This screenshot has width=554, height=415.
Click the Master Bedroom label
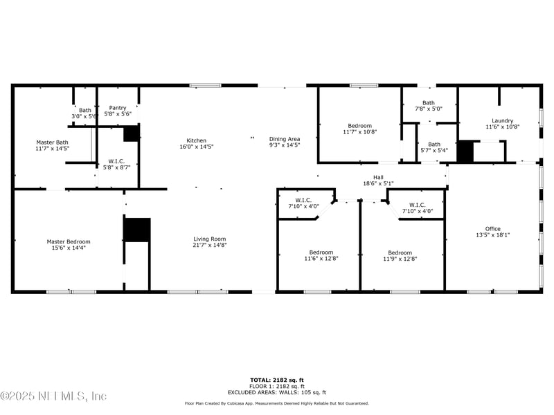(69, 241)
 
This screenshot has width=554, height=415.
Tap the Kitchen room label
(197, 140)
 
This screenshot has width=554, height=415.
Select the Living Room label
(210, 239)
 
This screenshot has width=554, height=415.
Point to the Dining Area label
(285, 139)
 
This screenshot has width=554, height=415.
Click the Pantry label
(118, 108)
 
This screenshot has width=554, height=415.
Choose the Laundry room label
(503, 120)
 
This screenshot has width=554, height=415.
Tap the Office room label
(493, 229)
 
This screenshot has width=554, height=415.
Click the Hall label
(378, 178)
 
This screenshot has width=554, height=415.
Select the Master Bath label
(53, 142)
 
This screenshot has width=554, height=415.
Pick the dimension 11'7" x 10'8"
(360, 132)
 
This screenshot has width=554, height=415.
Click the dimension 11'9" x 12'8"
(400, 259)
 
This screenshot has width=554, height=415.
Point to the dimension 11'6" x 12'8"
(321, 258)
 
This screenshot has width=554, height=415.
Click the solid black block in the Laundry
(465, 151)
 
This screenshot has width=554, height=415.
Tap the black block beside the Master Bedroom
(137, 230)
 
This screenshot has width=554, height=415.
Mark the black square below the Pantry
(131, 133)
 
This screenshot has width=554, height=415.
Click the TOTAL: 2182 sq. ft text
(277, 380)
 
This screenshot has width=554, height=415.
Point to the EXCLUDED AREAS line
(277, 392)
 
